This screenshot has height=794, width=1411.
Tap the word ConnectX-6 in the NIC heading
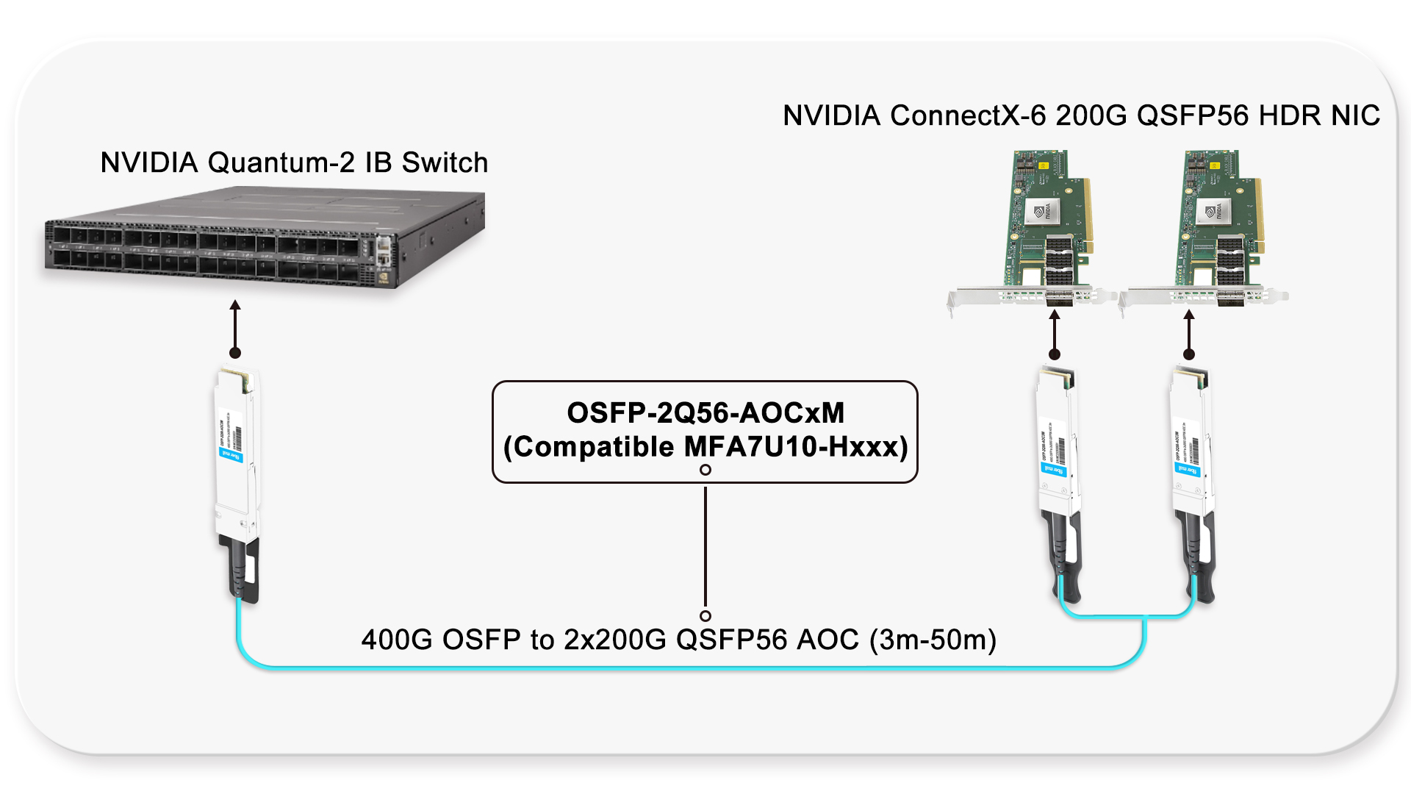[968, 115]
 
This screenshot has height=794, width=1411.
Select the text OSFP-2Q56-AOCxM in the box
[705, 413]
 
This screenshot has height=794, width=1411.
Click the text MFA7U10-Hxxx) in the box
[796, 447]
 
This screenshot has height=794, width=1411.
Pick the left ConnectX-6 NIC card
[1044, 228]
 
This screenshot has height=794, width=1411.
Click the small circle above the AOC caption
[705, 616]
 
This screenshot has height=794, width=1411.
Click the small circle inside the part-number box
[705, 470]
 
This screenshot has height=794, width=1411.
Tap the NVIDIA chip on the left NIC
[1043, 212]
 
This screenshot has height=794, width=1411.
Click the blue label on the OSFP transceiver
[231, 455]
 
